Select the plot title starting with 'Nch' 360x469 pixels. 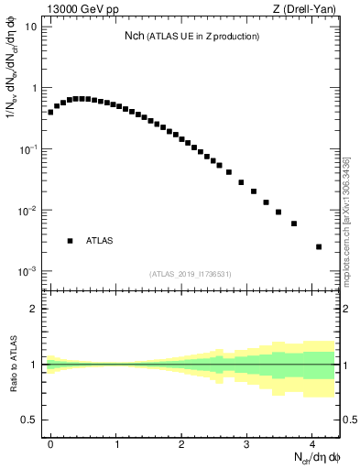(x=192, y=36)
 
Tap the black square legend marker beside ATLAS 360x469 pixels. (x=70, y=241)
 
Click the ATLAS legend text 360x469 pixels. (x=99, y=241)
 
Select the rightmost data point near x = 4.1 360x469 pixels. (x=319, y=246)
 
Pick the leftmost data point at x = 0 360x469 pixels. (x=50, y=112)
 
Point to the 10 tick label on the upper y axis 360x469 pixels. (x=31, y=27)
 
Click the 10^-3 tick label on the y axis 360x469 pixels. (x=28, y=272)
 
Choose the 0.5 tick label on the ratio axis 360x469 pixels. (x=30, y=420)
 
